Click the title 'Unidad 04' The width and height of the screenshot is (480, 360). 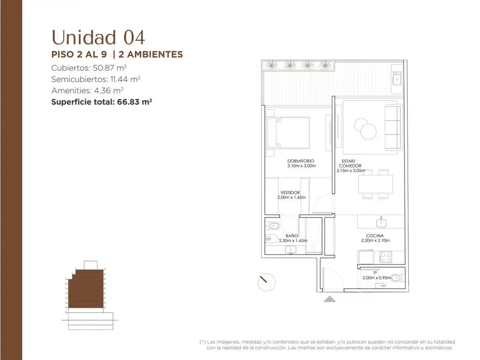(x=98, y=37)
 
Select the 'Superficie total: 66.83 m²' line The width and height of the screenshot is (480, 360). (x=102, y=102)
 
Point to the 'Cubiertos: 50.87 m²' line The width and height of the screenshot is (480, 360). (x=89, y=67)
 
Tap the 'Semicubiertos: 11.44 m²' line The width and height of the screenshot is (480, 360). (x=96, y=79)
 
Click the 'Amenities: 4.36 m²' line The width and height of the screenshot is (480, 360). (x=87, y=90)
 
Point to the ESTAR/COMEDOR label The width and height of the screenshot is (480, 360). (x=348, y=163)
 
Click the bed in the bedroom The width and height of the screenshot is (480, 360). (x=288, y=133)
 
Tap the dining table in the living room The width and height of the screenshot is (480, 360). (x=375, y=184)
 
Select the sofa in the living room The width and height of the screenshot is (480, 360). (x=393, y=127)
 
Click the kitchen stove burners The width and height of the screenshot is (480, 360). (x=385, y=257)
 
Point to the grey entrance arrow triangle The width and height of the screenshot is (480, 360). (x=330, y=299)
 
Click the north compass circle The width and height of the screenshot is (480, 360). (x=267, y=282)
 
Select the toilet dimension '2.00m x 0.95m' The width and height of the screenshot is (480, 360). (x=376, y=277)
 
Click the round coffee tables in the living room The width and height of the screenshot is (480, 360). (x=366, y=128)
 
